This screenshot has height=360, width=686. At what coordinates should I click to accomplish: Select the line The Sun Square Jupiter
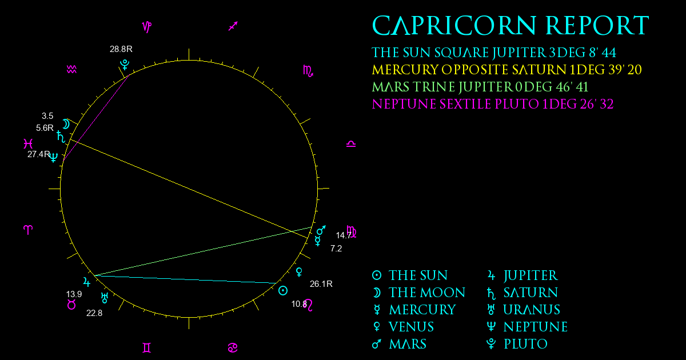tap(494, 53)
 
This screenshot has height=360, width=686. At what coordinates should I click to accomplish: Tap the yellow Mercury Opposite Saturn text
tap(507, 70)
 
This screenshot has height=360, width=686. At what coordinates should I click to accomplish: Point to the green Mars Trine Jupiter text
tap(480, 87)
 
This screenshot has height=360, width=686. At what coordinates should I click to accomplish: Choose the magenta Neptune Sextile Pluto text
tap(493, 104)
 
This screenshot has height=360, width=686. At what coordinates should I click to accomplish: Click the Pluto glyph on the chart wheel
tap(125, 65)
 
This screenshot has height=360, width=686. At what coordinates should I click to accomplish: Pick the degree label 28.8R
tap(121, 49)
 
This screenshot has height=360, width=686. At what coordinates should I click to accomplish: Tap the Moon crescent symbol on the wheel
tap(66, 124)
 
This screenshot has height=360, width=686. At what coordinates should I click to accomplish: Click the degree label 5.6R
tap(45, 128)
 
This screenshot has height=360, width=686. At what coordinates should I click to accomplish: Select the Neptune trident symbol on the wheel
tap(54, 158)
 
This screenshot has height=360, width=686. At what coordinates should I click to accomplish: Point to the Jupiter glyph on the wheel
tap(87, 282)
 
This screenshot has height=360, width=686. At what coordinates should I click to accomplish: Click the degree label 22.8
tap(94, 313)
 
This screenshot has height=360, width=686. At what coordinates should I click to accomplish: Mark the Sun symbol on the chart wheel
tap(282, 290)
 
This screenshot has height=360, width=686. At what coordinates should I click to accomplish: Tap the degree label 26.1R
tap(321, 284)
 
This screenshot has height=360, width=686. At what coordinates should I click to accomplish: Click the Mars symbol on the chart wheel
tap(321, 230)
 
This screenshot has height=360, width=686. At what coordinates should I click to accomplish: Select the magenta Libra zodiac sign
tap(351, 144)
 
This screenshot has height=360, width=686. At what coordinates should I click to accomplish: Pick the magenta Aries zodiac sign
tap(28, 230)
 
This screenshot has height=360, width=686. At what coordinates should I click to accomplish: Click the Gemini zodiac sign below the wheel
tap(147, 348)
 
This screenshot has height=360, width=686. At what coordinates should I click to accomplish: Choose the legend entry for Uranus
tap(524, 310)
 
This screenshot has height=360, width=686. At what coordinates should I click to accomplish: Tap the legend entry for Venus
tap(403, 327)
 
